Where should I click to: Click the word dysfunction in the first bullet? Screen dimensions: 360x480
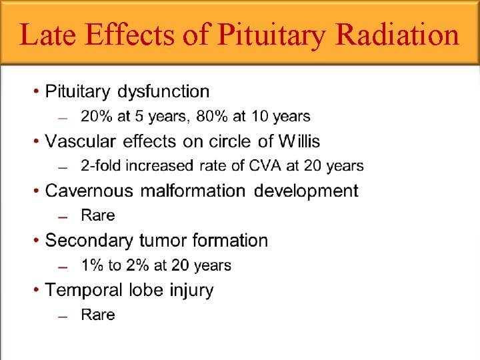[163, 91]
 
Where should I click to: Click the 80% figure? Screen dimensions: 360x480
[211, 117]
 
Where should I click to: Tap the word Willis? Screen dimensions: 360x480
[299, 141]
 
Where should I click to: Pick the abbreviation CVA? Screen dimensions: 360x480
[265, 166]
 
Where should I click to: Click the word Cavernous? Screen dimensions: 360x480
[88, 191]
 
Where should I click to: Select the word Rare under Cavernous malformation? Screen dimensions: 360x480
[97, 215]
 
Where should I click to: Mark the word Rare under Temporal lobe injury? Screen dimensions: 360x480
[97, 315]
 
